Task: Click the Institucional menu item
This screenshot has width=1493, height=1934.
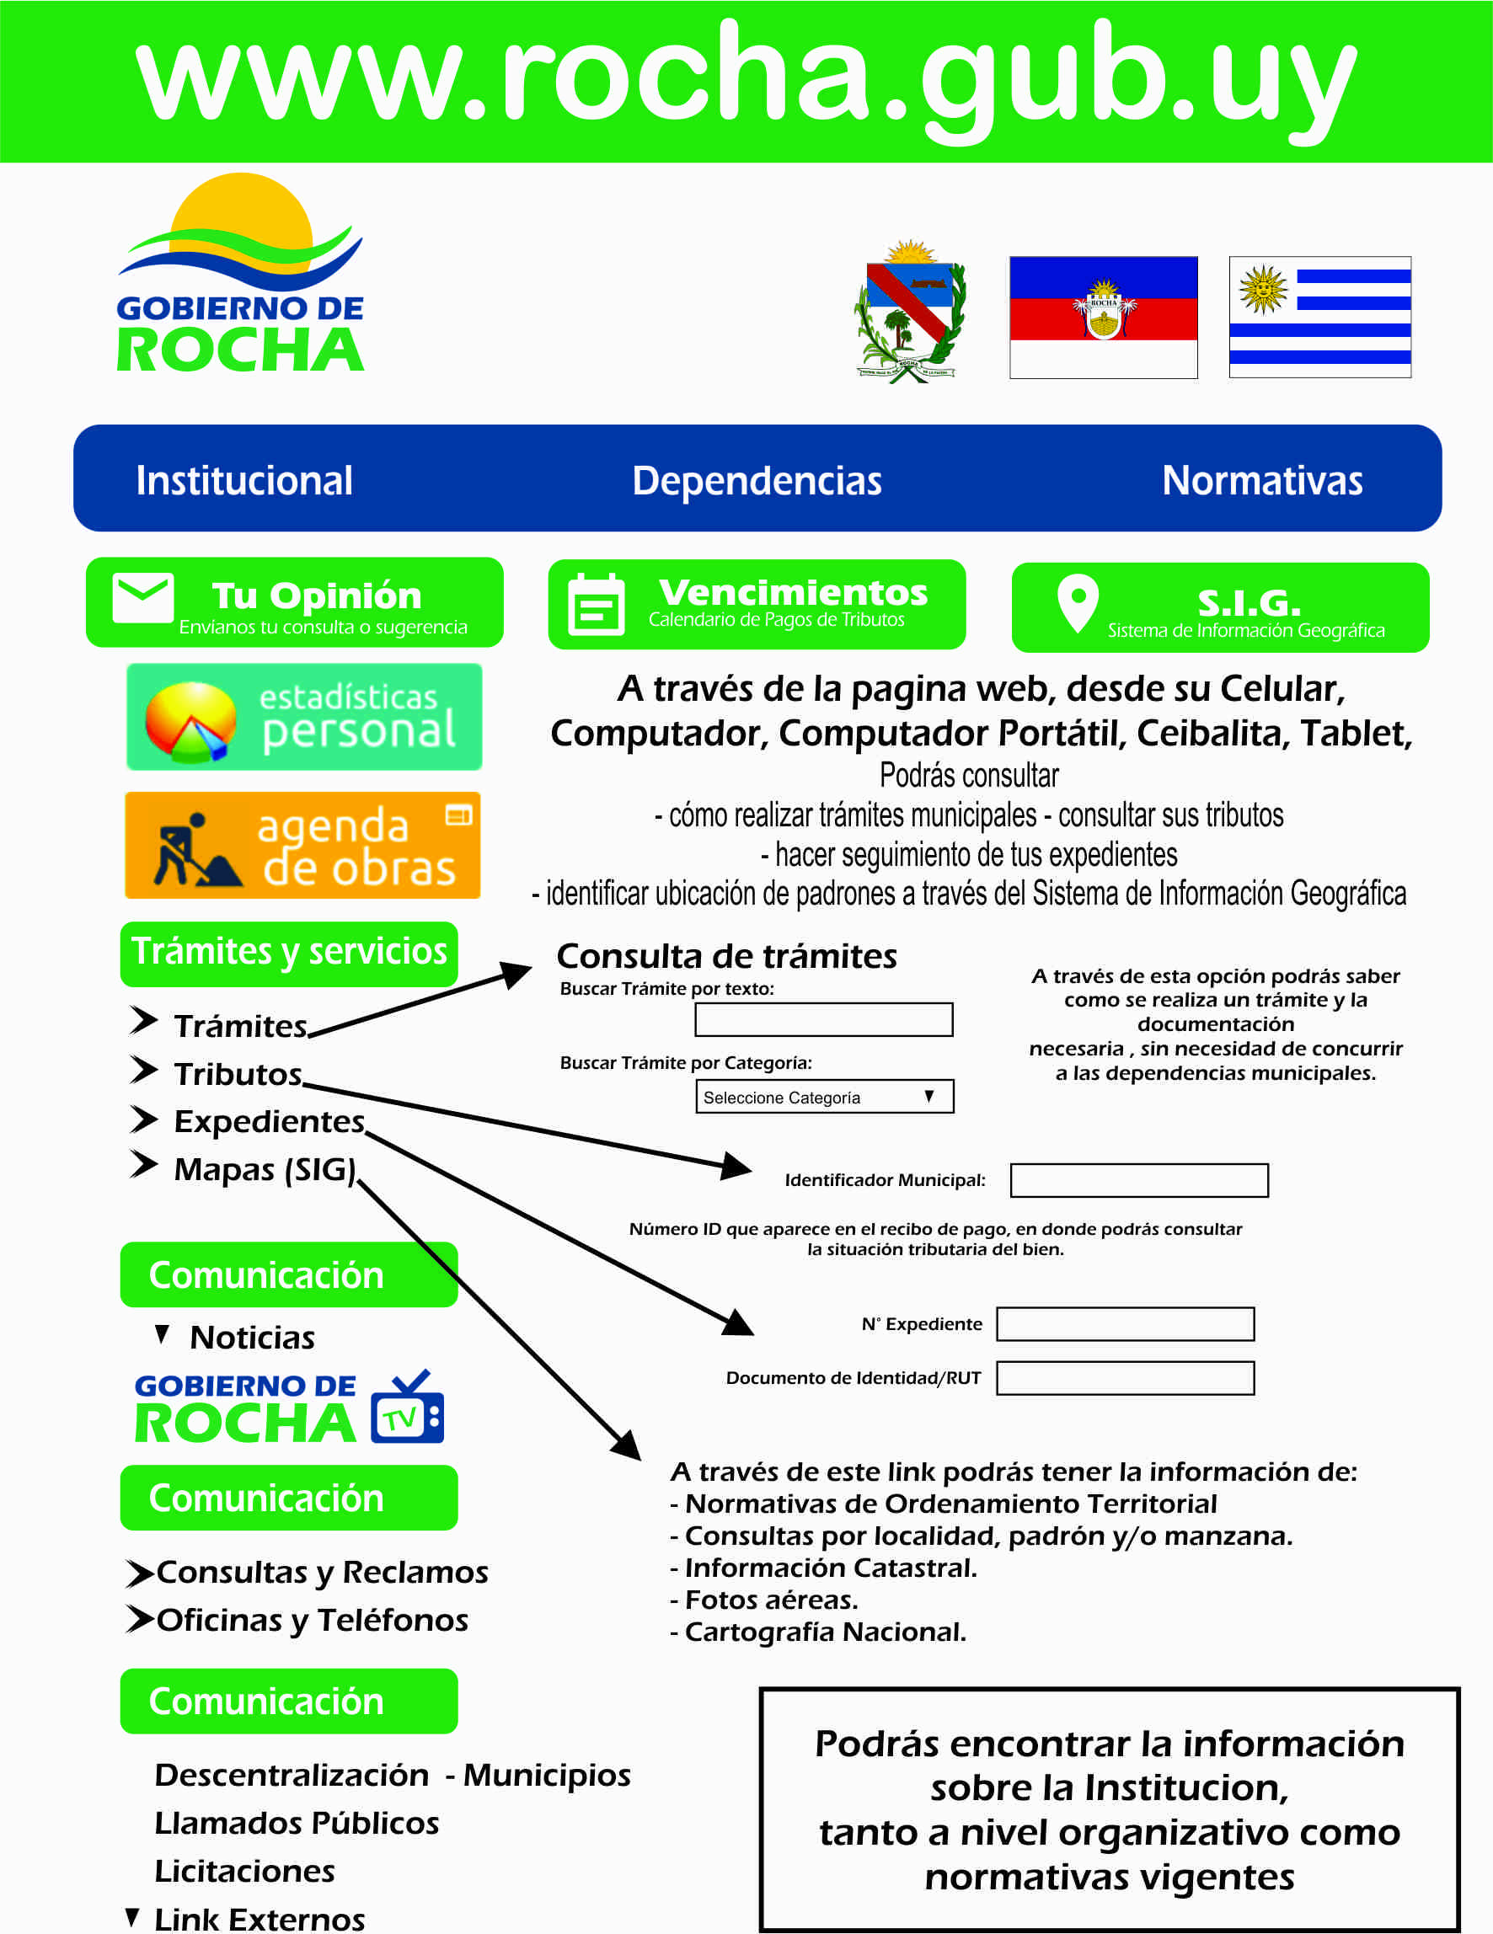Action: point(243,481)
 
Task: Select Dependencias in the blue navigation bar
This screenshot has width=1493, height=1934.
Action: point(757,481)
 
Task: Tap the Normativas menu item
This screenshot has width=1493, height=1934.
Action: point(1261,481)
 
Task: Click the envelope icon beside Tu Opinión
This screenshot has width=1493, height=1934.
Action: point(142,599)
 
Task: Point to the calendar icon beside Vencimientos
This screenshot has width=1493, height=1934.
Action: point(595,605)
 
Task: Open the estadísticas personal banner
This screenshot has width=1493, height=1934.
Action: point(303,716)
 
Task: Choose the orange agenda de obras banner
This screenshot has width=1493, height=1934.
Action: point(302,846)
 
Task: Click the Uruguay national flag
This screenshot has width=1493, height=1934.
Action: point(1319,317)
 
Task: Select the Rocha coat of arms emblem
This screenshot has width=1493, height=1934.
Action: point(909,312)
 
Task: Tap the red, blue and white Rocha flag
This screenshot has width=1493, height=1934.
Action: point(1104,317)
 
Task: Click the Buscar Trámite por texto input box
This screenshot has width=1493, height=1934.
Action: point(823,1019)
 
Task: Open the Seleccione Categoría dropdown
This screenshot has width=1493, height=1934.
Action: point(824,1096)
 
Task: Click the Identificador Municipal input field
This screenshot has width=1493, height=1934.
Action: point(1139,1179)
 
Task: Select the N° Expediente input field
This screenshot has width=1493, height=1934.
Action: point(1125,1324)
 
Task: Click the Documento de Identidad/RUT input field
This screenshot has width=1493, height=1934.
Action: point(1125,1378)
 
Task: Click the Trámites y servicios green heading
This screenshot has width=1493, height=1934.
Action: point(289,953)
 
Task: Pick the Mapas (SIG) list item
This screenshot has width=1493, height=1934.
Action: point(264,1169)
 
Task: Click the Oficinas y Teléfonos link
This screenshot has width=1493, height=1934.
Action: point(312,1620)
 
